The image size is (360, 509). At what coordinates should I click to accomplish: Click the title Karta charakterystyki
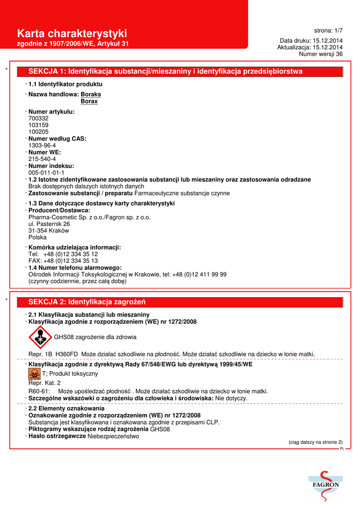[x=72, y=33]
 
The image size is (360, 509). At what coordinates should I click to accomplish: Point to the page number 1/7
[x=336, y=30]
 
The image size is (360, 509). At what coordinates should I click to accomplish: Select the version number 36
[x=339, y=54]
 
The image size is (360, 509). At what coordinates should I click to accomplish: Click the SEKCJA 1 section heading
[x=166, y=72]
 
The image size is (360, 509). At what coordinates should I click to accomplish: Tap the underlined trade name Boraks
[x=91, y=94]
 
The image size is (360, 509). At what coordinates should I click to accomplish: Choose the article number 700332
[x=39, y=119]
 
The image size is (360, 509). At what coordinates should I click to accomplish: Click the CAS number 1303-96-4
[x=42, y=146]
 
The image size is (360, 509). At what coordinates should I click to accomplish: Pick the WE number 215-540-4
[x=42, y=159]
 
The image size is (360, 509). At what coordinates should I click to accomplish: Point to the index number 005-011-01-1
[x=46, y=172]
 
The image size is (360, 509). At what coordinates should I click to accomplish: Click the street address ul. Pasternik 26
[x=49, y=224]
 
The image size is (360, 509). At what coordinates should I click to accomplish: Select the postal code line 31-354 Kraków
[x=49, y=231]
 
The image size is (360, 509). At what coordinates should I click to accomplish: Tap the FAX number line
[x=63, y=260]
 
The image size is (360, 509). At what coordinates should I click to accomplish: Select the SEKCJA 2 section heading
[x=87, y=302]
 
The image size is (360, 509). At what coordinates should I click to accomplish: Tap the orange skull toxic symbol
[x=35, y=374]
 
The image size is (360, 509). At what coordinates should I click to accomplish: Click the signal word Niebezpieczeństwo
[x=113, y=436]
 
